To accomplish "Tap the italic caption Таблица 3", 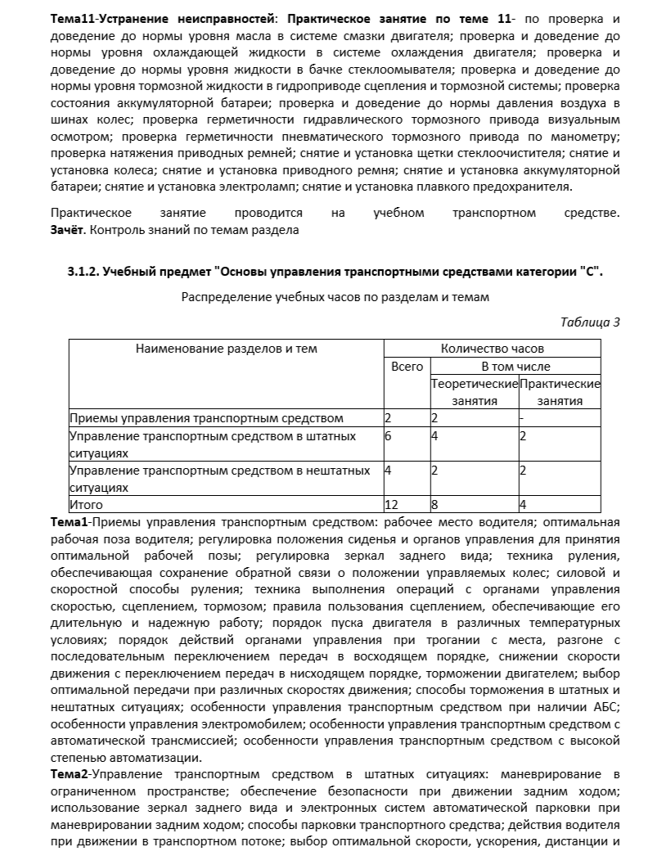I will [590, 322].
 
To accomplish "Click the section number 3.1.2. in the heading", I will [84, 273].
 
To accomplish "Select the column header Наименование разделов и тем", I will [226, 348].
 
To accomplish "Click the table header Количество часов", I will [492, 348].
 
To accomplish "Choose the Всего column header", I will [407, 367].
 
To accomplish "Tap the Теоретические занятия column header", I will [475, 392].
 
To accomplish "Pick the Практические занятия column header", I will [560, 392].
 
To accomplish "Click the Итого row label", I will [86, 505].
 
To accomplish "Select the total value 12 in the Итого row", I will [391, 505].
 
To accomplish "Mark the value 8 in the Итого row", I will [435, 505].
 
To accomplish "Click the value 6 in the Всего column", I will [388, 436].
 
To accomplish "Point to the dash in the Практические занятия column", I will [521, 418].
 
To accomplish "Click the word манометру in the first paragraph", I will [583, 135].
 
